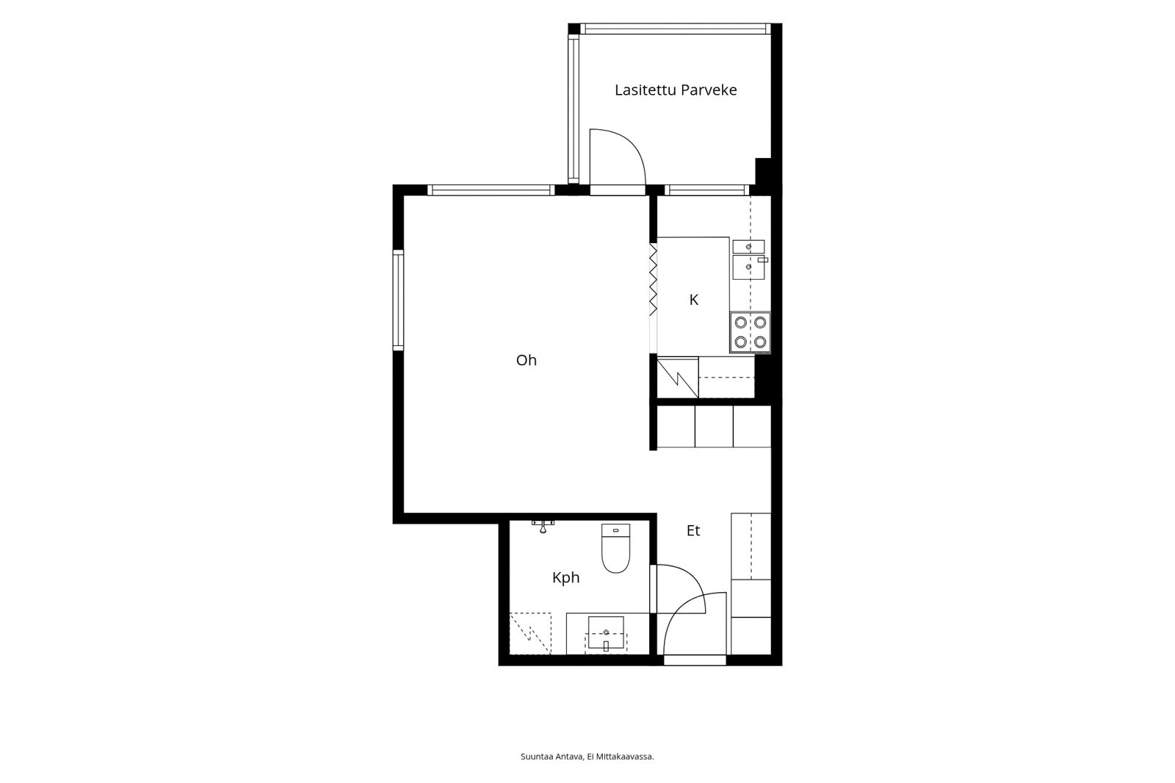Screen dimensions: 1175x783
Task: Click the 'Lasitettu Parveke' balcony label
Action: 676,90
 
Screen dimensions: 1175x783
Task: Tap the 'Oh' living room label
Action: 526,360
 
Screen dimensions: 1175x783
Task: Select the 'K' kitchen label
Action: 693,300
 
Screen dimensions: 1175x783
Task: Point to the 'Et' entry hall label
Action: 693,530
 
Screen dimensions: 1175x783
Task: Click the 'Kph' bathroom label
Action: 565,578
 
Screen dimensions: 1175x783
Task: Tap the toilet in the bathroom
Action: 615,548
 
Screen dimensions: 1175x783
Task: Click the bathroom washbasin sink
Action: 606,633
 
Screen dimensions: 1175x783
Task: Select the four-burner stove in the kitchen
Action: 750,332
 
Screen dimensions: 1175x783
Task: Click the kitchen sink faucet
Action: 762,260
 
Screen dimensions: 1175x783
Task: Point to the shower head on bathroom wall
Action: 543,527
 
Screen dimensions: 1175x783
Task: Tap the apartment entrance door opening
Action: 695,660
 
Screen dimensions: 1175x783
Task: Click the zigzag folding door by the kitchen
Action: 653,279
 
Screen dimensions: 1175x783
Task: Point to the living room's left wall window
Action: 398,300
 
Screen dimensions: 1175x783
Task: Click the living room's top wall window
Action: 491,190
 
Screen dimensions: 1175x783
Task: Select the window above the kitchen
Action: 707,190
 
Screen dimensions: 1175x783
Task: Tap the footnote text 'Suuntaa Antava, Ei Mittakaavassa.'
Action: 587,757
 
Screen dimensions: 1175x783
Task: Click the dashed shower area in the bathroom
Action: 530,633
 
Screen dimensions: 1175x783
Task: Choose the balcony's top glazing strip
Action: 675,29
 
